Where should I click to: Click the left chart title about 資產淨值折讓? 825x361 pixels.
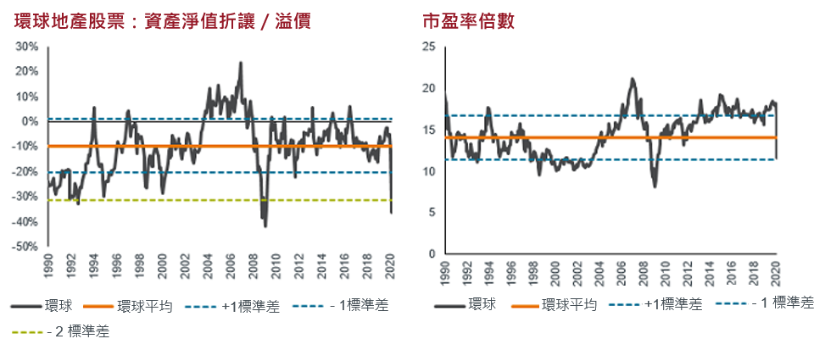pos(162,20)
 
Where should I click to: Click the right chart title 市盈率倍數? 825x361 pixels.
pos(468,20)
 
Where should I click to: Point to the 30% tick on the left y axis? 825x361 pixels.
pos(28,47)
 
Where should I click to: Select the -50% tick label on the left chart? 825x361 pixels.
pos(26,247)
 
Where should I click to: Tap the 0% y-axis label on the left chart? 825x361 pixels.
pos(31,121)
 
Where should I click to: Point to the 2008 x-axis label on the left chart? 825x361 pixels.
pos(255,269)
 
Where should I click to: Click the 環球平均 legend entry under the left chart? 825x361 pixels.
pos(145,306)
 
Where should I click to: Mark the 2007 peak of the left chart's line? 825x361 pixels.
pos(240,64)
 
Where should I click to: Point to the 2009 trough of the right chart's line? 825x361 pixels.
pos(655,186)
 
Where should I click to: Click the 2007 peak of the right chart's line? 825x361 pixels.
pos(632,79)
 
